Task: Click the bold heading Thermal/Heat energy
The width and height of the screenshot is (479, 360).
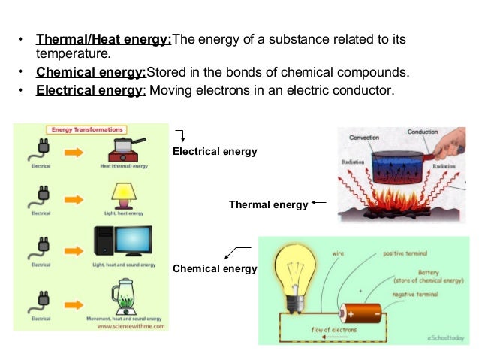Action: pos(104,39)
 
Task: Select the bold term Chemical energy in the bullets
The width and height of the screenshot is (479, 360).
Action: pos(91,73)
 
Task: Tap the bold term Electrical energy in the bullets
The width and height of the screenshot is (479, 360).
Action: pos(89,91)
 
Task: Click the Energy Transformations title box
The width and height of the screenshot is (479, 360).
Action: pos(86,129)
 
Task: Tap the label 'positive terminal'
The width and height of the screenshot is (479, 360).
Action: pos(405,253)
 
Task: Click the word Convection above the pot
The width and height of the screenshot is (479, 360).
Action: pos(367,138)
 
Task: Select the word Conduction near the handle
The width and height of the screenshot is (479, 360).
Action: pos(422,132)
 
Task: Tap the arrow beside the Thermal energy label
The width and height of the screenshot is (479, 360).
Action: pos(318,202)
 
